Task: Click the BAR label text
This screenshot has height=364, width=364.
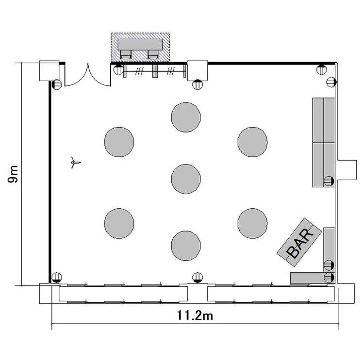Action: tap(300, 243)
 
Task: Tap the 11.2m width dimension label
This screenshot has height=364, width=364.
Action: tap(195, 315)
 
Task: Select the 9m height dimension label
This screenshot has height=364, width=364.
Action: tap(13, 174)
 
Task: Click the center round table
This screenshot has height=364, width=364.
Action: tap(186, 179)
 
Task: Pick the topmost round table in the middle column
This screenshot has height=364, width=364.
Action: tap(186, 117)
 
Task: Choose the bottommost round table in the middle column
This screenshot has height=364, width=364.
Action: tap(186, 246)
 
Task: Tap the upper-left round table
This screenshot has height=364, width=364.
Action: tap(119, 142)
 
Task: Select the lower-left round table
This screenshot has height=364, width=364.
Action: tap(119, 223)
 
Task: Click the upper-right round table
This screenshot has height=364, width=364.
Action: tap(252, 142)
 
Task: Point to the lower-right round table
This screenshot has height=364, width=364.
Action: tap(252, 223)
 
